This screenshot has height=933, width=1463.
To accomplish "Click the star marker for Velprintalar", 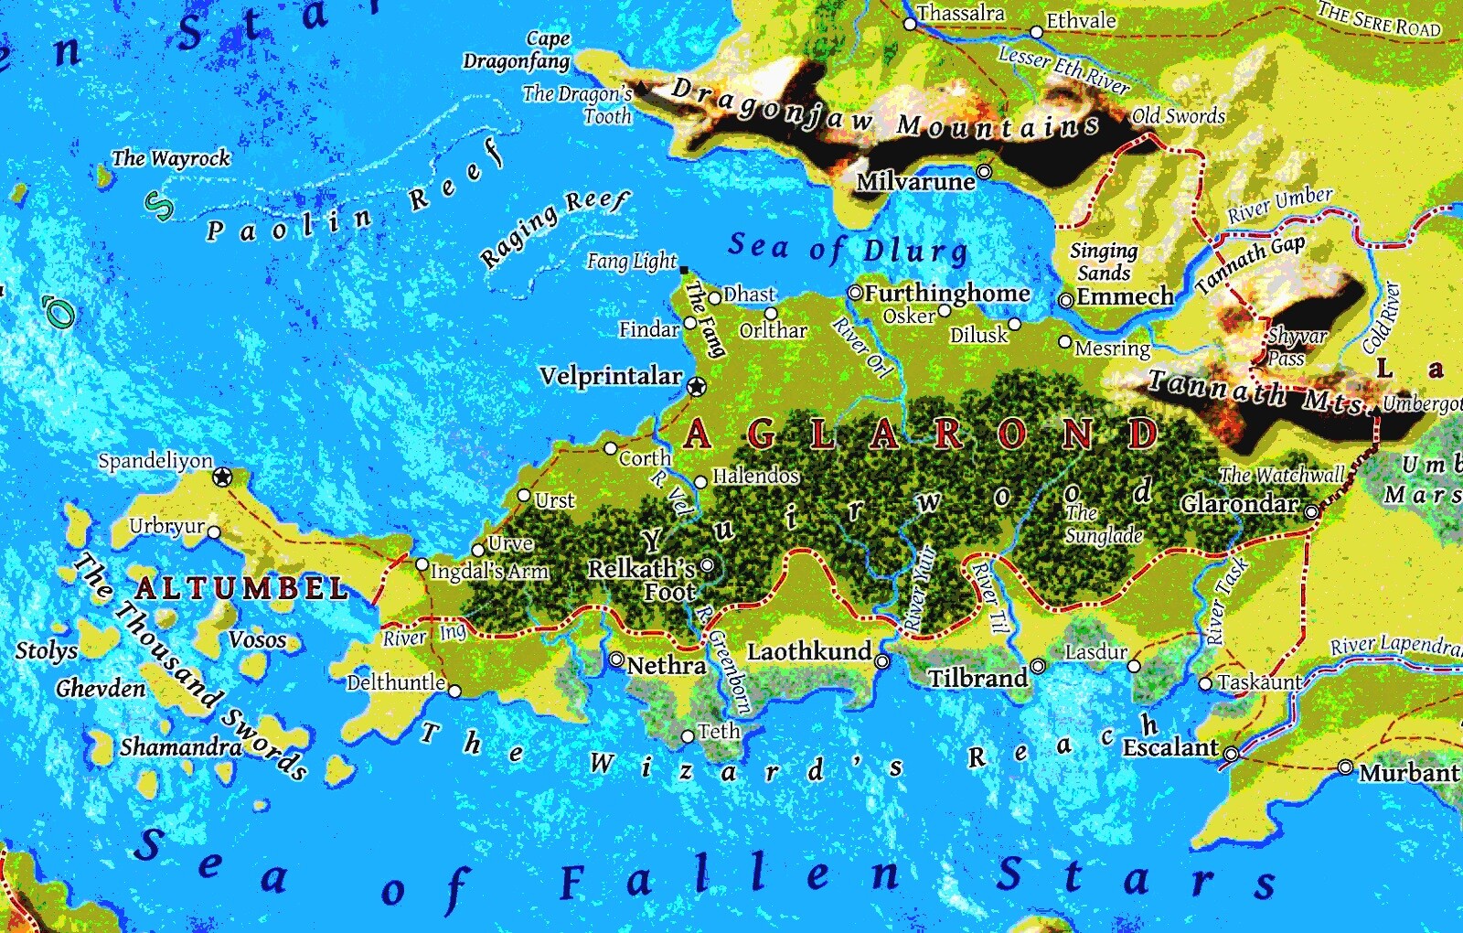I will click(x=697, y=387).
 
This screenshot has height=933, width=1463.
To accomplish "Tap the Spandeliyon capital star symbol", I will click(x=222, y=477).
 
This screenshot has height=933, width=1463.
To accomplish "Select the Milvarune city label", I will click(x=915, y=181).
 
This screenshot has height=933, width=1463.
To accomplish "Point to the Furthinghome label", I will click(x=946, y=294).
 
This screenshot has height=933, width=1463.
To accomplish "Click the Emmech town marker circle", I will click(x=1065, y=300).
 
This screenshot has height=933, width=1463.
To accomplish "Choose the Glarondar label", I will click(x=1239, y=504).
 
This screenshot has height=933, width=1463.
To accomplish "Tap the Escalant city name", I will click(x=1170, y=747).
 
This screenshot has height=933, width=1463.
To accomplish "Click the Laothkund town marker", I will click(x=881, y=661).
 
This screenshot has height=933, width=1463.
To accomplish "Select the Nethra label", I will click(x=667, y=666).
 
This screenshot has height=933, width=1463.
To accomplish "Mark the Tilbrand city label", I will click(x=977, y=678).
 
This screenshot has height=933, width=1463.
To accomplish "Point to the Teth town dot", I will click(x=688, y=736).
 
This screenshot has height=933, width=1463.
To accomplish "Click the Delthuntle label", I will click(x=396, y=682).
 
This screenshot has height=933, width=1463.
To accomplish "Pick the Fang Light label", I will click(x=632, y=262).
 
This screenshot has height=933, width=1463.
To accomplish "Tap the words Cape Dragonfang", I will click(x=518, y=50).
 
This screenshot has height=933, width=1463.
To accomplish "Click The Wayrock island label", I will click(x=171, y=158).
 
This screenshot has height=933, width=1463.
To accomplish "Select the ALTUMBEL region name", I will click(x=241, y=588).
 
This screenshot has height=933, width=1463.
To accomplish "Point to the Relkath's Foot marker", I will click(x=707, y=565).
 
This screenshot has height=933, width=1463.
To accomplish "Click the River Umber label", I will click(x=1280, y=205).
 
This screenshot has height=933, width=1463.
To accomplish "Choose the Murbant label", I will click(x=1408, y=773).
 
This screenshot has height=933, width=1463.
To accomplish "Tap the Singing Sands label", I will click(x=1105, y=262).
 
